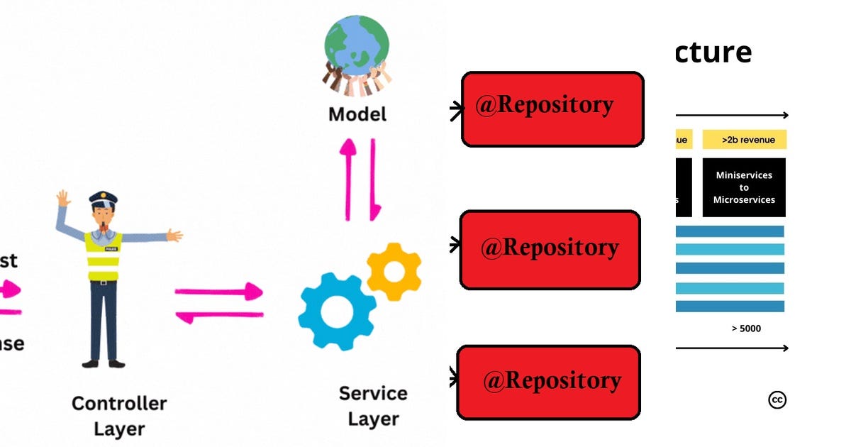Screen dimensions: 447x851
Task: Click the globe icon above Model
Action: (357, 43)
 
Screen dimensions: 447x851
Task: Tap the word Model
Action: (357, 114)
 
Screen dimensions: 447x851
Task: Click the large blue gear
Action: (336, 311)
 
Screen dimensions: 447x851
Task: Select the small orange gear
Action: (394, 270)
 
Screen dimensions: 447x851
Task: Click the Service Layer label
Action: (373, 406)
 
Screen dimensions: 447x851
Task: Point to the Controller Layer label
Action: (119, 416)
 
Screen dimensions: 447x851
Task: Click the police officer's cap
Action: (103, 197)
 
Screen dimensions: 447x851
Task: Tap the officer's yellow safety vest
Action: (104, 256)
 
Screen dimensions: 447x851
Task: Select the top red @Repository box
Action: (552, 109)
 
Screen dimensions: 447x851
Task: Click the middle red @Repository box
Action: (550, 250)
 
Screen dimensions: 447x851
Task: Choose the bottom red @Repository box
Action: (548, 382)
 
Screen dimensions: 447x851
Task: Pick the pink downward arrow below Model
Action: (374, 180)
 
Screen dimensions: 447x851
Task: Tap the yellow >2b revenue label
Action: (744, 140)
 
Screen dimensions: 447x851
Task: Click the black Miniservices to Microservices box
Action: (744, 187)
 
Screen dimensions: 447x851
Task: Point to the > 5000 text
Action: (746, 329)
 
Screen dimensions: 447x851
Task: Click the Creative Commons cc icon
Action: (777, 400)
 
